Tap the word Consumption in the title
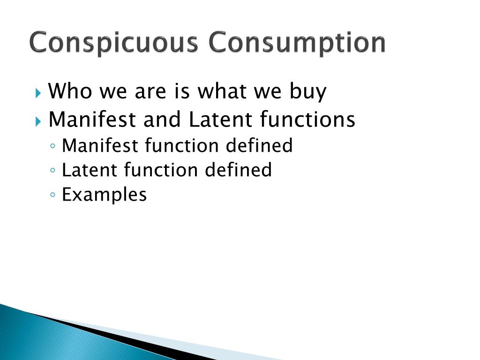click(297, 43)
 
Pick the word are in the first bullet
click(150, 92)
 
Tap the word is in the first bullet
click(182, 91)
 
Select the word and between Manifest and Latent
click(162, 120)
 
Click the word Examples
click(104, 195)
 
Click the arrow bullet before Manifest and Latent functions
click(38, 120)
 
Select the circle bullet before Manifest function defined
click(53, 146)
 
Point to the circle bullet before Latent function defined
click(53, 170)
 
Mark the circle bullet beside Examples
click(53, 195)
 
